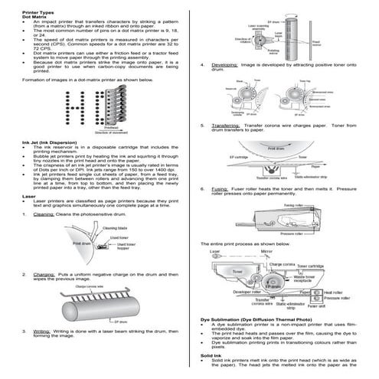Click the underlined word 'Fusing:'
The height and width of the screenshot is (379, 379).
[x=221, y=188]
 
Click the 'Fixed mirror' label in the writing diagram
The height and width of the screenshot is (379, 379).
[x=312, y=44]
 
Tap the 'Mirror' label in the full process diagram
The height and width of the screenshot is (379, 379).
[x=266, y=250]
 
